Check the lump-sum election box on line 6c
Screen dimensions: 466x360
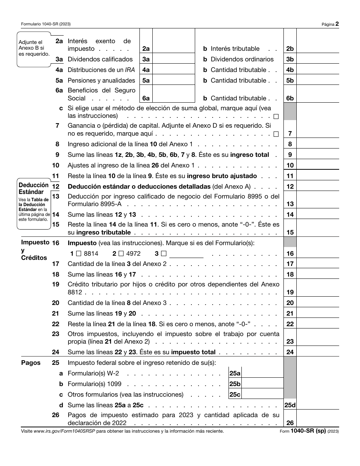[276, 116]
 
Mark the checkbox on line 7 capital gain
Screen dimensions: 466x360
[276, 134]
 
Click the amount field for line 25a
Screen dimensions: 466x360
[262, 373]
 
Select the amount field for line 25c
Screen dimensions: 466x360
[262, 394]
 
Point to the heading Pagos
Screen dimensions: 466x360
[31, 363]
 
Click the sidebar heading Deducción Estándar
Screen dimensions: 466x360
[34, 188]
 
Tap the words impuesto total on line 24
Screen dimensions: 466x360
[193, 352]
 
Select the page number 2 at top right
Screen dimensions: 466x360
[337, 24]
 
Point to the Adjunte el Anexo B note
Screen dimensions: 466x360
[34, 48]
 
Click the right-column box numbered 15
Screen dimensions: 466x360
[290, 232]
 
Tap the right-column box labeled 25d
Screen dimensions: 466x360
[290, 405]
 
